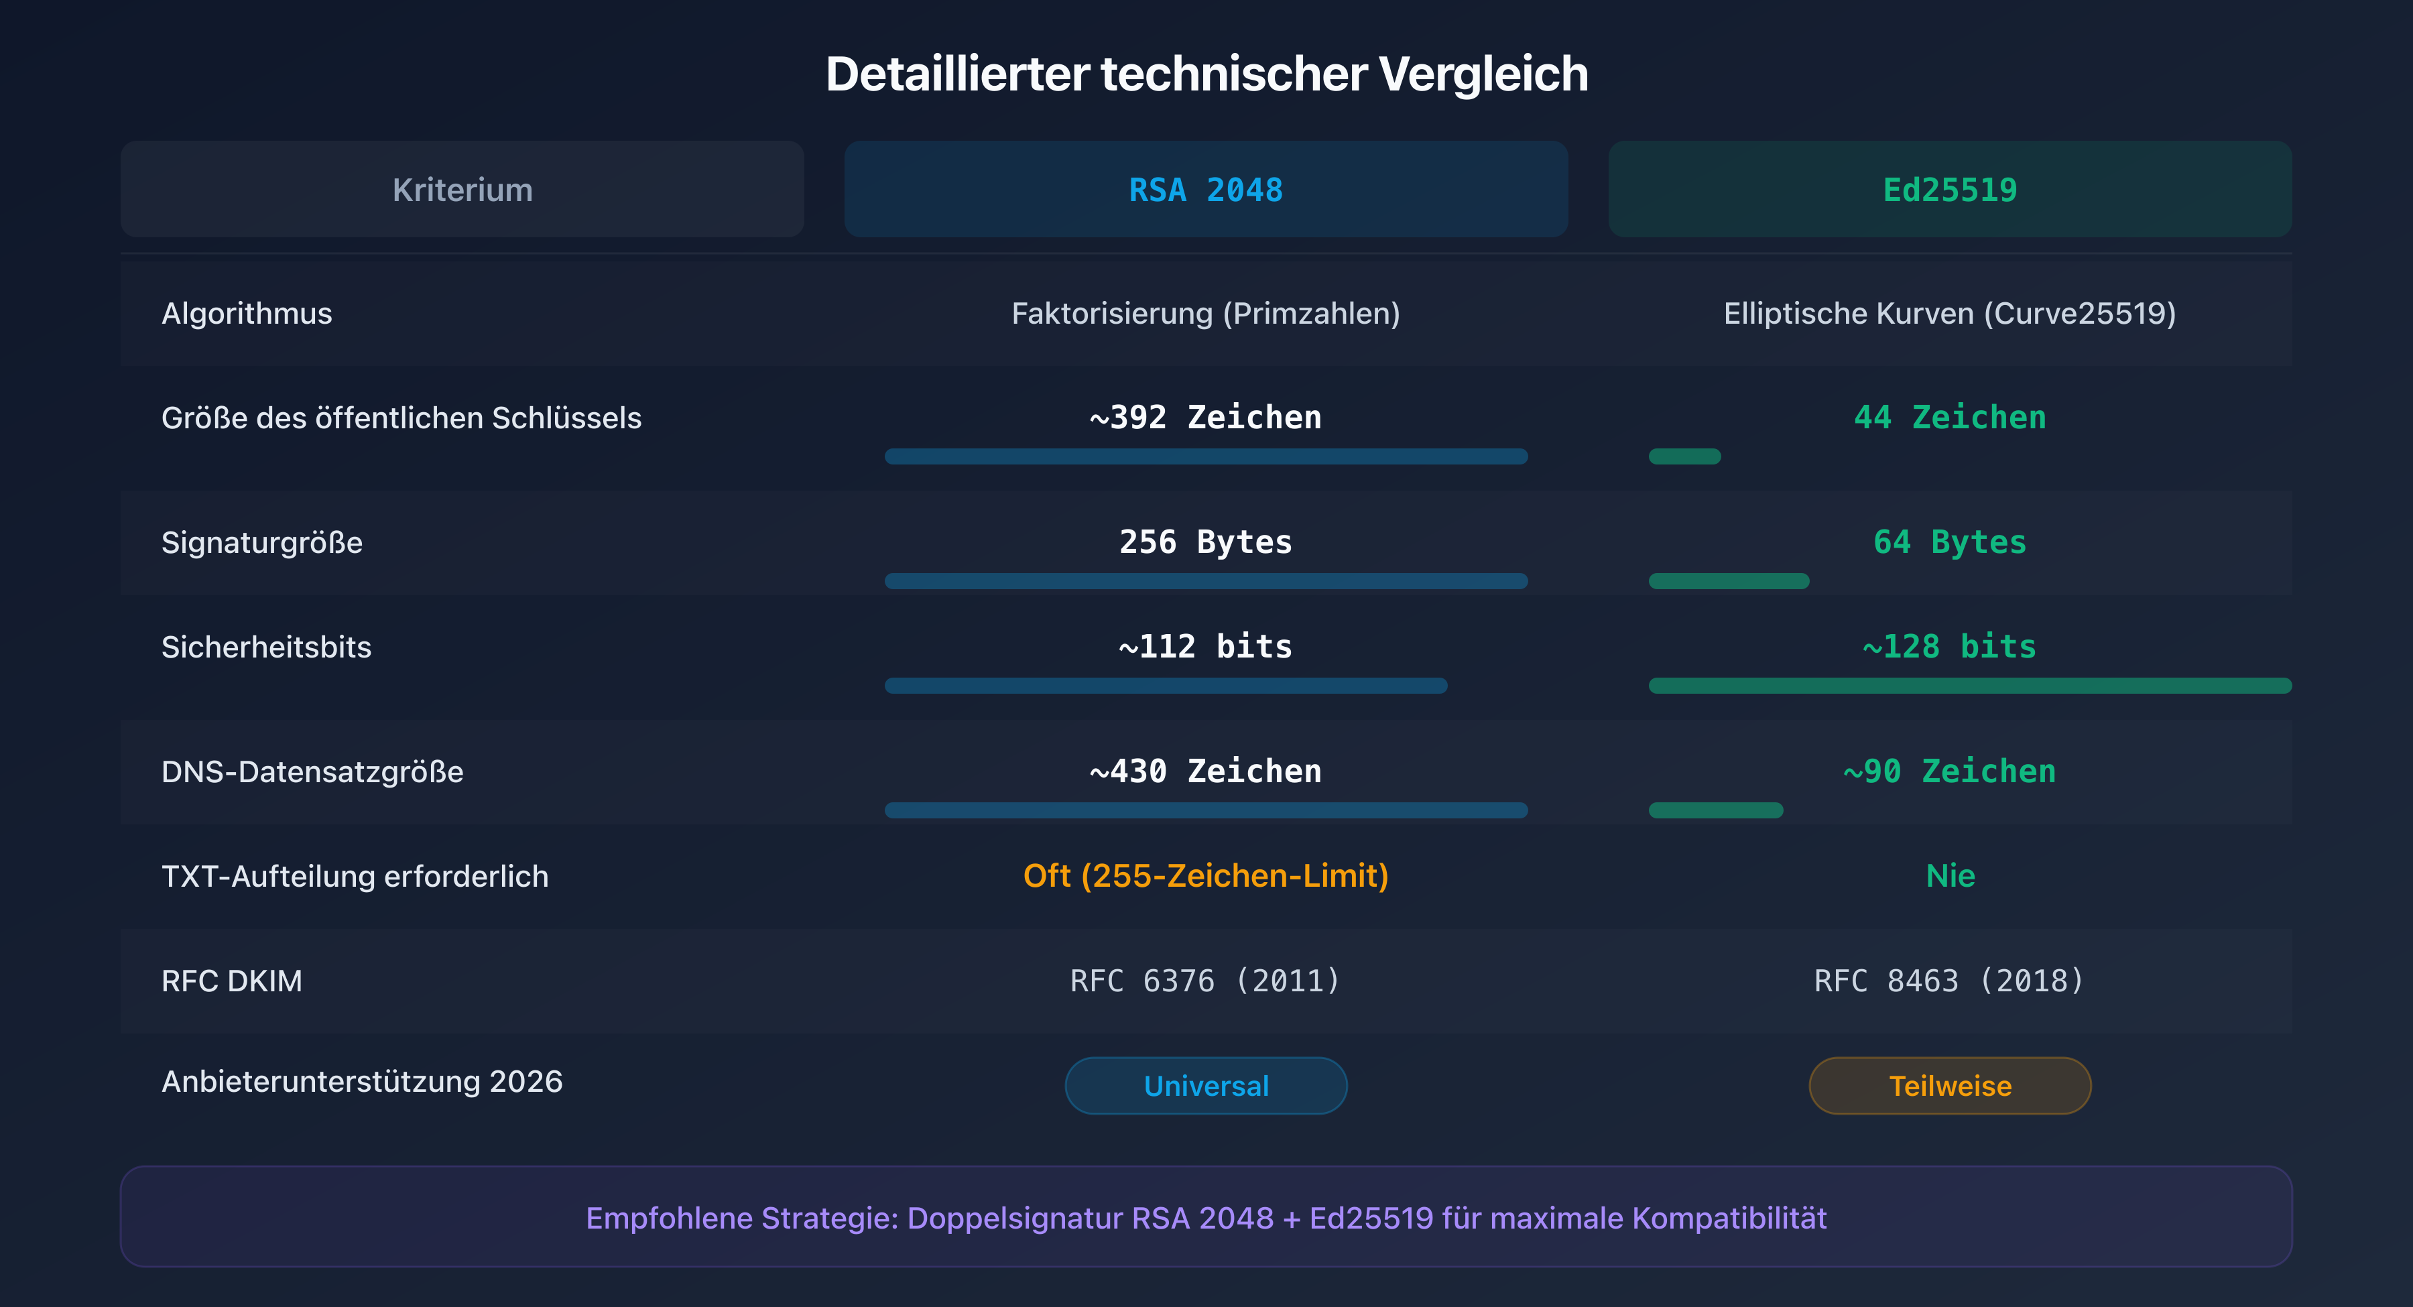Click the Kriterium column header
click(462, 190)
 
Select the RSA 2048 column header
click(1206, 190)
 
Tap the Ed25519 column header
click(1949, 190)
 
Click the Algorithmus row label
click(247, 313)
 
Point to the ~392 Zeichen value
click(1206, 417)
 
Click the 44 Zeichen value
click(1949, 417)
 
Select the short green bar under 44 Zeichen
click(1684, 456)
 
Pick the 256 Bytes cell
click(1206, 542)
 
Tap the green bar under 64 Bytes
click(1728, 581)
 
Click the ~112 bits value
click(1206, 647)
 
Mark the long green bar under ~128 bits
click(1969, 686)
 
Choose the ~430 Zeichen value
click(1206, 771)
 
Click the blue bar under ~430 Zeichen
click(1206, 810)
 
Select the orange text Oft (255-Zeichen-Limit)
click(1206, 876)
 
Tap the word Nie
click(1949, 876)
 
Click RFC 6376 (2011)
click(1206, 981)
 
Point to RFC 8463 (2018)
click(1949, 981)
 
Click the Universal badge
click(1206, 1086)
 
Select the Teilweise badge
click(1949, 1086)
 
